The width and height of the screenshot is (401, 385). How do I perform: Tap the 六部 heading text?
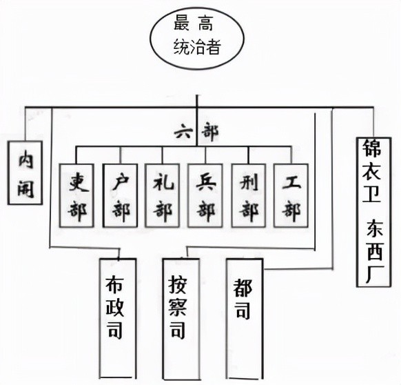pos(196,132)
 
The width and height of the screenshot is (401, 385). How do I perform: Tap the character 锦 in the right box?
pos(372,148)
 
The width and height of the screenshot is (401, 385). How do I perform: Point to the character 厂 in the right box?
pos(374,275)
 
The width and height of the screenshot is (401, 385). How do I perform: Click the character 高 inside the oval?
pos(205,23)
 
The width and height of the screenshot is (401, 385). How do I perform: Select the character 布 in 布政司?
pos(114,285)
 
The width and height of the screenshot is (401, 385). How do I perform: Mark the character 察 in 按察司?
pos(178,308)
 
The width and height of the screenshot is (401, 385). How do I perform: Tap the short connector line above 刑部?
pos(248,155)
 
